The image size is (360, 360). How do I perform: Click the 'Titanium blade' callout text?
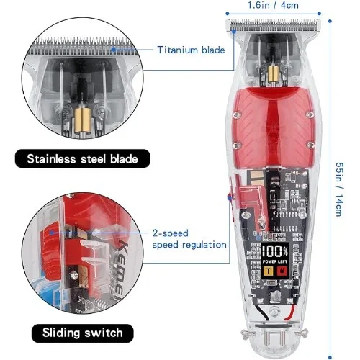[x=191, y=50]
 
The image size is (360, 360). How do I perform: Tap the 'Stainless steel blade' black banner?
[x=83, y=158]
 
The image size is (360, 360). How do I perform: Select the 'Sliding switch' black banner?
[x=83, y=333]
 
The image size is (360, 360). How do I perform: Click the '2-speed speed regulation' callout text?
[x=189, y=239]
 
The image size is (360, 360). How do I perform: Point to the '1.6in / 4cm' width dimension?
[x=273, y=5]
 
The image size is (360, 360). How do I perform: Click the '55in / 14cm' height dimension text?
[x=339, y=189]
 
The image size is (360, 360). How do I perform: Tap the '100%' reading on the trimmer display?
[x=275, y=251]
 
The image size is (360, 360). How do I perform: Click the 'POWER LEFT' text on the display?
[x=275, y=261]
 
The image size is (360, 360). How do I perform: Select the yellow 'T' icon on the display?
[x=269, y=271]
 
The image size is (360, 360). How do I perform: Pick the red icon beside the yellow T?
[x=282, y=271]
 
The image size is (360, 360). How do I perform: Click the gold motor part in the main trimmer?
[x=274, y=74]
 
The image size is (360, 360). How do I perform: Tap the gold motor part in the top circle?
[x=83, y=120]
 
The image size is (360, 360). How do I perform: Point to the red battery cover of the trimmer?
[x=274, y=127]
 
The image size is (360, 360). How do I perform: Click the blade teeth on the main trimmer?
[x=274, y=25]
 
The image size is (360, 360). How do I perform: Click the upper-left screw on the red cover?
[x=238, y=114]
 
